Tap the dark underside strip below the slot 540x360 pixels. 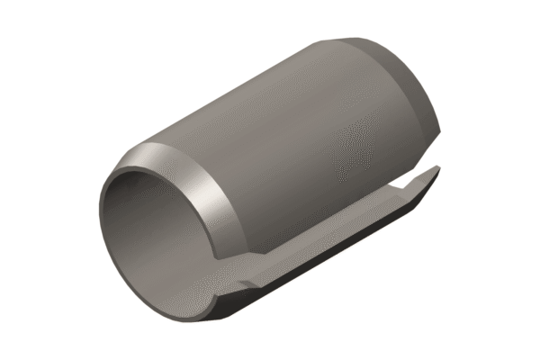[x=315, y=270]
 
